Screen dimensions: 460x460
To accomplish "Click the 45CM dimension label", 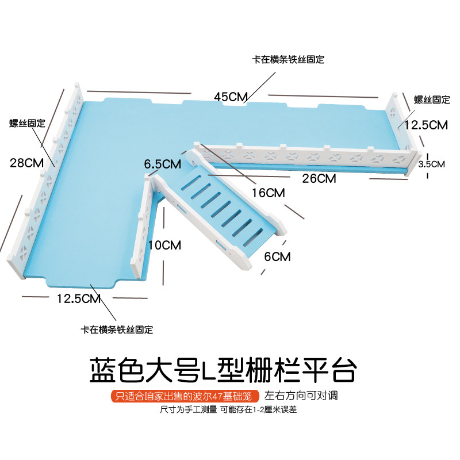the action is [x=231, y=97].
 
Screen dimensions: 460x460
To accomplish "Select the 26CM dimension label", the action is [x=319, y=179].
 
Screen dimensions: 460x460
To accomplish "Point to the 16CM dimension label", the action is [x=268, y=193].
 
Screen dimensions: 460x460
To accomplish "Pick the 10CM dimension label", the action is [x=164, y=246].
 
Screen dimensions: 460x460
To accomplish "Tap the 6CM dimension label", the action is [x=277, y=256].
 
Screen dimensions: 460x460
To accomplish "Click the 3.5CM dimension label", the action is [x=431, y=164].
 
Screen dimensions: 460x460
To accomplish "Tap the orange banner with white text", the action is [x=183, y=397].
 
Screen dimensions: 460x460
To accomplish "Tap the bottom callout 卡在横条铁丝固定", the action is [x=117, y=330].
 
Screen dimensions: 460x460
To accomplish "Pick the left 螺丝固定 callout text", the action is [x=27, y=122].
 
